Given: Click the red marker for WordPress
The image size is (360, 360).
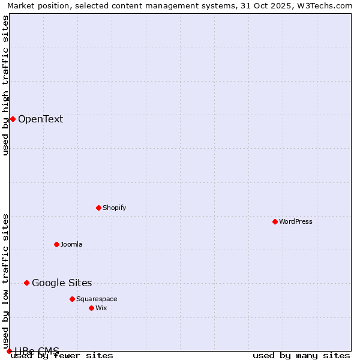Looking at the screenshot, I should click(275, 221).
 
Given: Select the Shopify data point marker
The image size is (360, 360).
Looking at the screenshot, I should click(98, 208).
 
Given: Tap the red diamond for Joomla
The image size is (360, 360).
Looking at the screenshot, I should click(56, 244).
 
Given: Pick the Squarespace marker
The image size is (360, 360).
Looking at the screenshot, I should click(72, 299).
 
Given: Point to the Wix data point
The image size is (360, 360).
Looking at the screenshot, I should click(91, 308).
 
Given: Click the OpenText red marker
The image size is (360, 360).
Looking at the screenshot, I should click(13, 119).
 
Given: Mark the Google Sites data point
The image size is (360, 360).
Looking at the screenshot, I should click(26, 283).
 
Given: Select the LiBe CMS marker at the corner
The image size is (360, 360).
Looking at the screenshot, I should click(9, 351).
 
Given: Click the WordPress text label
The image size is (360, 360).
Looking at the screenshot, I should click(296, 221).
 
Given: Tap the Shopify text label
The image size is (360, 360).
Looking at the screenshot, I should click(114, 208).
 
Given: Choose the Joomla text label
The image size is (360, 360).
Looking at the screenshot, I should click(71, 244).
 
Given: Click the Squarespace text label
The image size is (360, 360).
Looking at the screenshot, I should click(97, 299).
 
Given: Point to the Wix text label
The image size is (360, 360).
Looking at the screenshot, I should click(101, 308).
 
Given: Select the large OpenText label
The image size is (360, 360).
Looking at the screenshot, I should click(40, 119).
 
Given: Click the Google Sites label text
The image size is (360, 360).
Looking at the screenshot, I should click(62, 283).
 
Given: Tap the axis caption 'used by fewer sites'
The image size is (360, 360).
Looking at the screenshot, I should click(62, 355).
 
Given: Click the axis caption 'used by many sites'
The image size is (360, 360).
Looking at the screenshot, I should click(301, 355).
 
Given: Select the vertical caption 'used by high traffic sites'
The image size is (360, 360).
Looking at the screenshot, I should click(5, 85).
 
